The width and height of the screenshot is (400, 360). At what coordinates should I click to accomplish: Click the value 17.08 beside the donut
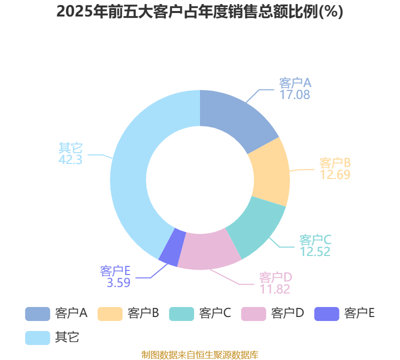coord(294,94)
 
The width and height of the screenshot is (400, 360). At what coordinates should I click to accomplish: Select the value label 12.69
coord(335,175)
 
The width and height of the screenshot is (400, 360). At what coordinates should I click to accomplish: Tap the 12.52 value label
coord(315,252)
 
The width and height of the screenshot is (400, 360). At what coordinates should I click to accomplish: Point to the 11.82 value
coord(274,289)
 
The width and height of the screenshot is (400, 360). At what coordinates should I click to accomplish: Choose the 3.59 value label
coord(118,282)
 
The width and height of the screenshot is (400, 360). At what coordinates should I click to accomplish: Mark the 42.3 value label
coord(70,159)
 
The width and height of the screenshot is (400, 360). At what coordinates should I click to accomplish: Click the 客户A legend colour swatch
coord(37,314)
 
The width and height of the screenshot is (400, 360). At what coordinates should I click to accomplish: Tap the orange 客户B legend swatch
coord(110,314)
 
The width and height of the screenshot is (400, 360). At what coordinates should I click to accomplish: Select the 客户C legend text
coord(215,313)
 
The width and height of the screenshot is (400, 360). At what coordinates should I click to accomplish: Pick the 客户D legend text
coord(287,313)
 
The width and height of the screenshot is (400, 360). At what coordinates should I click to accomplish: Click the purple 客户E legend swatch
coord(326,314)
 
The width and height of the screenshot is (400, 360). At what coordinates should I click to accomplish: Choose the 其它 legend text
coord(67,337)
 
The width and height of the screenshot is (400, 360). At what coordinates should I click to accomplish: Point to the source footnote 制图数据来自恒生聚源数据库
coord(200,354)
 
